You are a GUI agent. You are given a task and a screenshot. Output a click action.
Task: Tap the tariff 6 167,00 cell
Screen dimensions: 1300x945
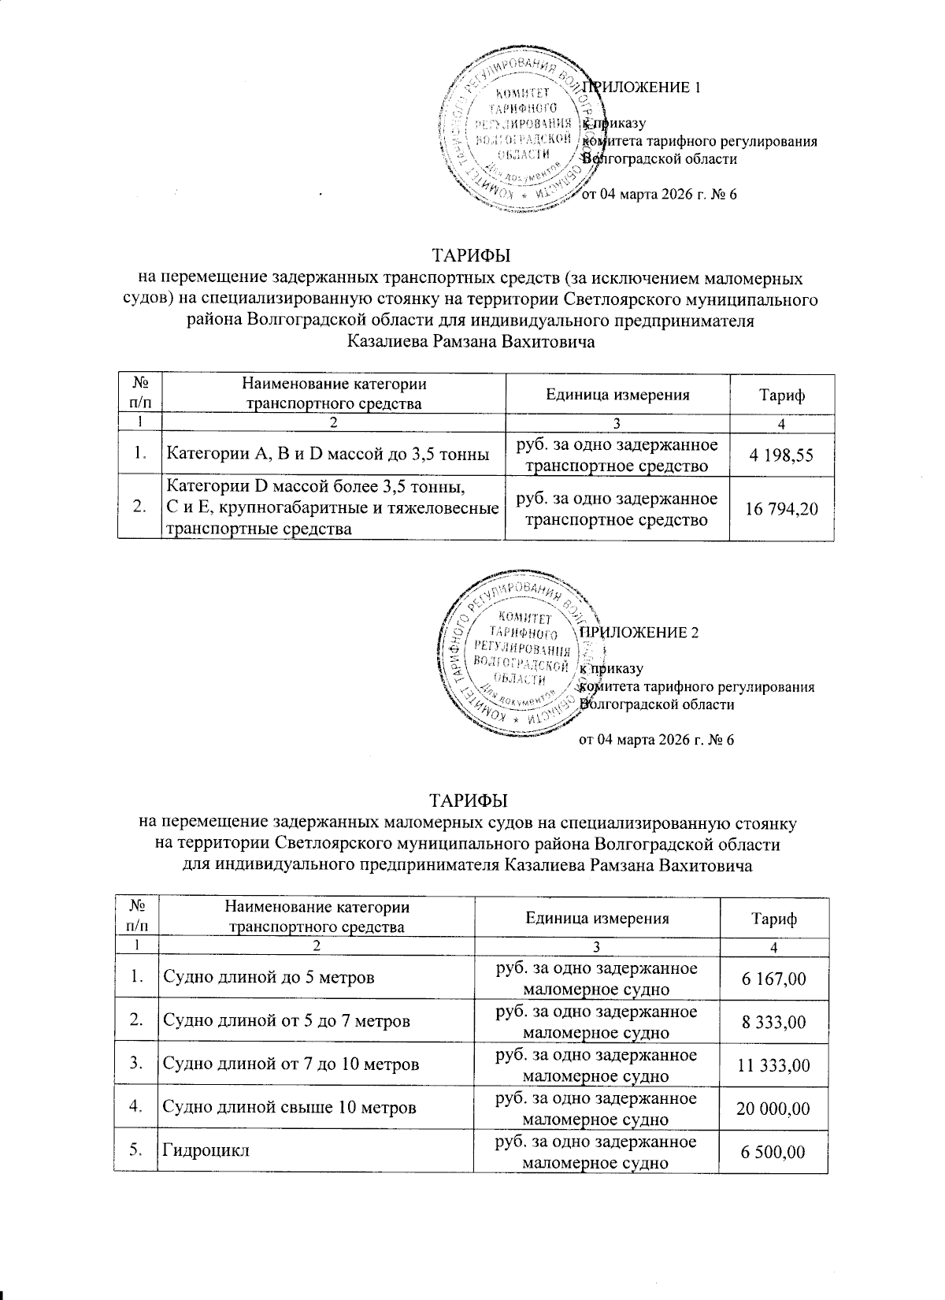(x=773, y=979)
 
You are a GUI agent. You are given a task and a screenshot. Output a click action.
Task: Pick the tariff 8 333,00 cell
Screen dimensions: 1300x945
(x=773, y=1022)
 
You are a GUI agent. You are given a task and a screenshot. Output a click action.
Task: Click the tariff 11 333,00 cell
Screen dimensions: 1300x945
(x=773, y=1065)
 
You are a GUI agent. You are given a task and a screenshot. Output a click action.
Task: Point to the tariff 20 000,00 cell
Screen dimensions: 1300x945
(x=773, y=1109)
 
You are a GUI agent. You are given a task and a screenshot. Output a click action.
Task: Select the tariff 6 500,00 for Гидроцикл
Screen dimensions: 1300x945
(x=773, y=1152)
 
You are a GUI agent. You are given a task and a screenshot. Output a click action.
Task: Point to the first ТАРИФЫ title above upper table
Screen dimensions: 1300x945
(x=470, y=257)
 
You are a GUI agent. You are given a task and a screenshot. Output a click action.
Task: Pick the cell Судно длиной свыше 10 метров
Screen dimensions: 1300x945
(x=288, y=1109)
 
